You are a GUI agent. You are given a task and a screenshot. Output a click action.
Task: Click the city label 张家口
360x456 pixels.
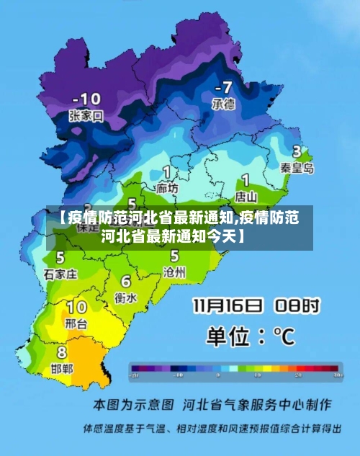(x=86, y=115)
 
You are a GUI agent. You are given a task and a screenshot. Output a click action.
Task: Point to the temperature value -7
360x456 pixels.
(x=223, y=87)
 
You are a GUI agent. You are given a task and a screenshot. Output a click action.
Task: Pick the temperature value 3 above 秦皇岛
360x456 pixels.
(x=297, y=151)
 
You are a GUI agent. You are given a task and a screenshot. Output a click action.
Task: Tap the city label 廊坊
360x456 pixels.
(x=167, y=188)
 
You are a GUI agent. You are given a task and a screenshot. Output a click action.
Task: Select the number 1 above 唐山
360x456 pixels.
(x=246, y=179)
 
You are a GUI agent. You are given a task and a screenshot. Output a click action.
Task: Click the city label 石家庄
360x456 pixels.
(x=60, y=274)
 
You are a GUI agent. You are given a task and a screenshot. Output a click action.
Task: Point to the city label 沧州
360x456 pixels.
(x=174, y=272)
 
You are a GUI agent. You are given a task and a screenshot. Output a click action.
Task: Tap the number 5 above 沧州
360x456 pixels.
(x=174, y=256)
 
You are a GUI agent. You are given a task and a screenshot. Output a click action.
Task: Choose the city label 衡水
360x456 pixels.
(x=126, y=296)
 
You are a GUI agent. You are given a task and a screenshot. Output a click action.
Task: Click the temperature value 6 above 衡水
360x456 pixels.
(x=126, y=281)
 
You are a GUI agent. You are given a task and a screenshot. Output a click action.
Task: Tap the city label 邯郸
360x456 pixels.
(x=62, y=368)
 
